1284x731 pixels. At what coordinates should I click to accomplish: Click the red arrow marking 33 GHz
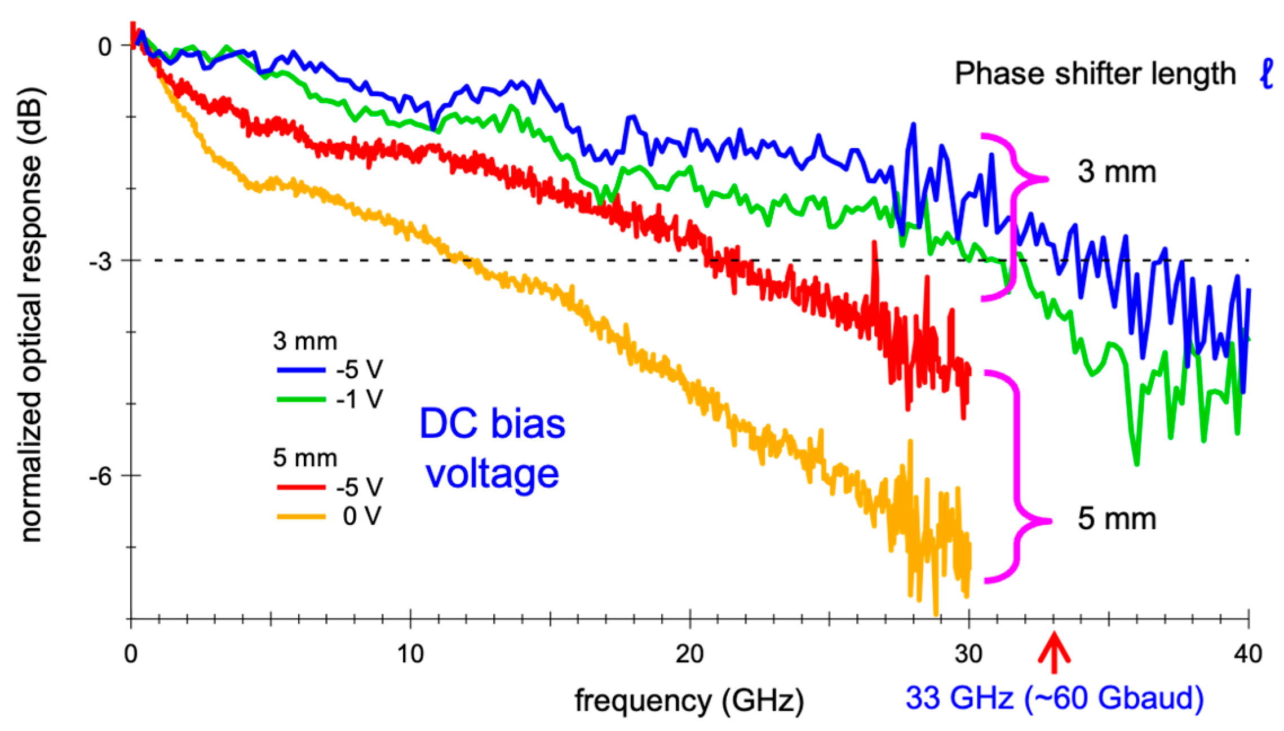1053,653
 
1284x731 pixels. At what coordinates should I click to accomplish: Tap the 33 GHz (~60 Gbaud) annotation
1055,698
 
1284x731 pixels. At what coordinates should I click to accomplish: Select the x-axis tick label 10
410,654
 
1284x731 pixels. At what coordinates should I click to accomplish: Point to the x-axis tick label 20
689,654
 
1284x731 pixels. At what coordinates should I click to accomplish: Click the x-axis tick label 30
968,654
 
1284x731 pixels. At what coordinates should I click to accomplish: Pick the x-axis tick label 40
1248,654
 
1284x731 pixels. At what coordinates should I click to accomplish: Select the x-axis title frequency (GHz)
689,701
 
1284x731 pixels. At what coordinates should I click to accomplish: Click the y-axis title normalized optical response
32,316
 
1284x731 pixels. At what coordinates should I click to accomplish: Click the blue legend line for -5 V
301,370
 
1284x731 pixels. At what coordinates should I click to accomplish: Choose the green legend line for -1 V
301,400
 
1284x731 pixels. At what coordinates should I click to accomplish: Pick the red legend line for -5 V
301,487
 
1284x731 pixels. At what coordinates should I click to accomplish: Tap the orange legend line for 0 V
301,516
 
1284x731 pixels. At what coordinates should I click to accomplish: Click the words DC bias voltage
492,448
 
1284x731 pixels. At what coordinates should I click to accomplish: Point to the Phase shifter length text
1095,74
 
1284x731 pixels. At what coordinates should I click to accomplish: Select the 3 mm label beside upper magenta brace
1117,172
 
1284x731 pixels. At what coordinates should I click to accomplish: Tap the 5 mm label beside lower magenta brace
1117,519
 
